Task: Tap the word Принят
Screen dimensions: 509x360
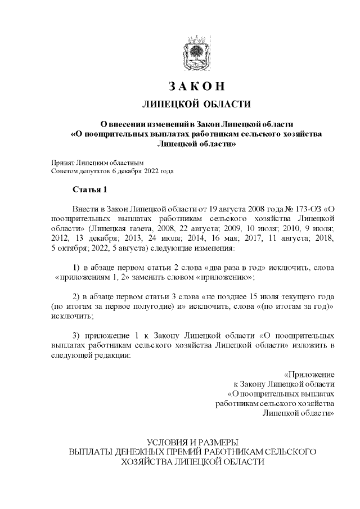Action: tap(62, 162)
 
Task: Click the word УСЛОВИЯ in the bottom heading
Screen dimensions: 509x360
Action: tap(166, 441)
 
